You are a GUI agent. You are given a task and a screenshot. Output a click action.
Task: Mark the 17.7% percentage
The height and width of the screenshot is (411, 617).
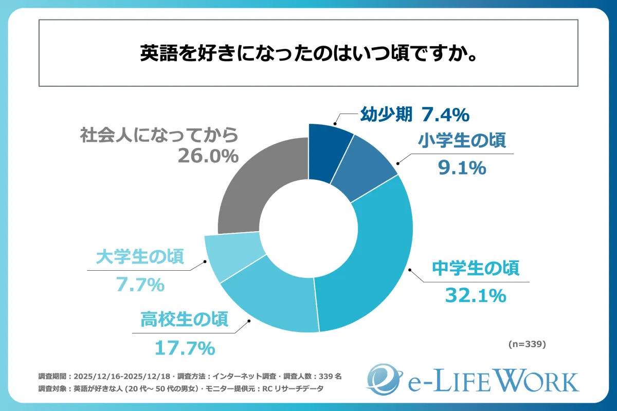click(x=184, y=349)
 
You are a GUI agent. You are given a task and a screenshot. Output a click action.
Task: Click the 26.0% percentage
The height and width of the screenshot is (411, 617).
click(x=208, y=156)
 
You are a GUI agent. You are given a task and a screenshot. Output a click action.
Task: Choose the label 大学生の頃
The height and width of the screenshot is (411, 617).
click(x=140, y=257)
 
